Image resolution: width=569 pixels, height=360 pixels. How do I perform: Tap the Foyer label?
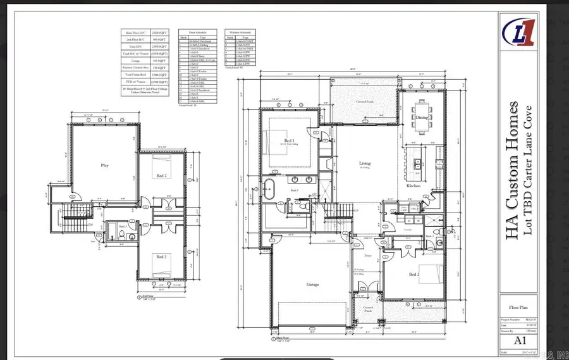[x=367, y=256]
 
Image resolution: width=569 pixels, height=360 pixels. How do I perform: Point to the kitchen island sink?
[x=418, y=165]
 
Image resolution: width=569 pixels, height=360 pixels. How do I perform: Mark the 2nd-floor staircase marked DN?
[x=68, y=218]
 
